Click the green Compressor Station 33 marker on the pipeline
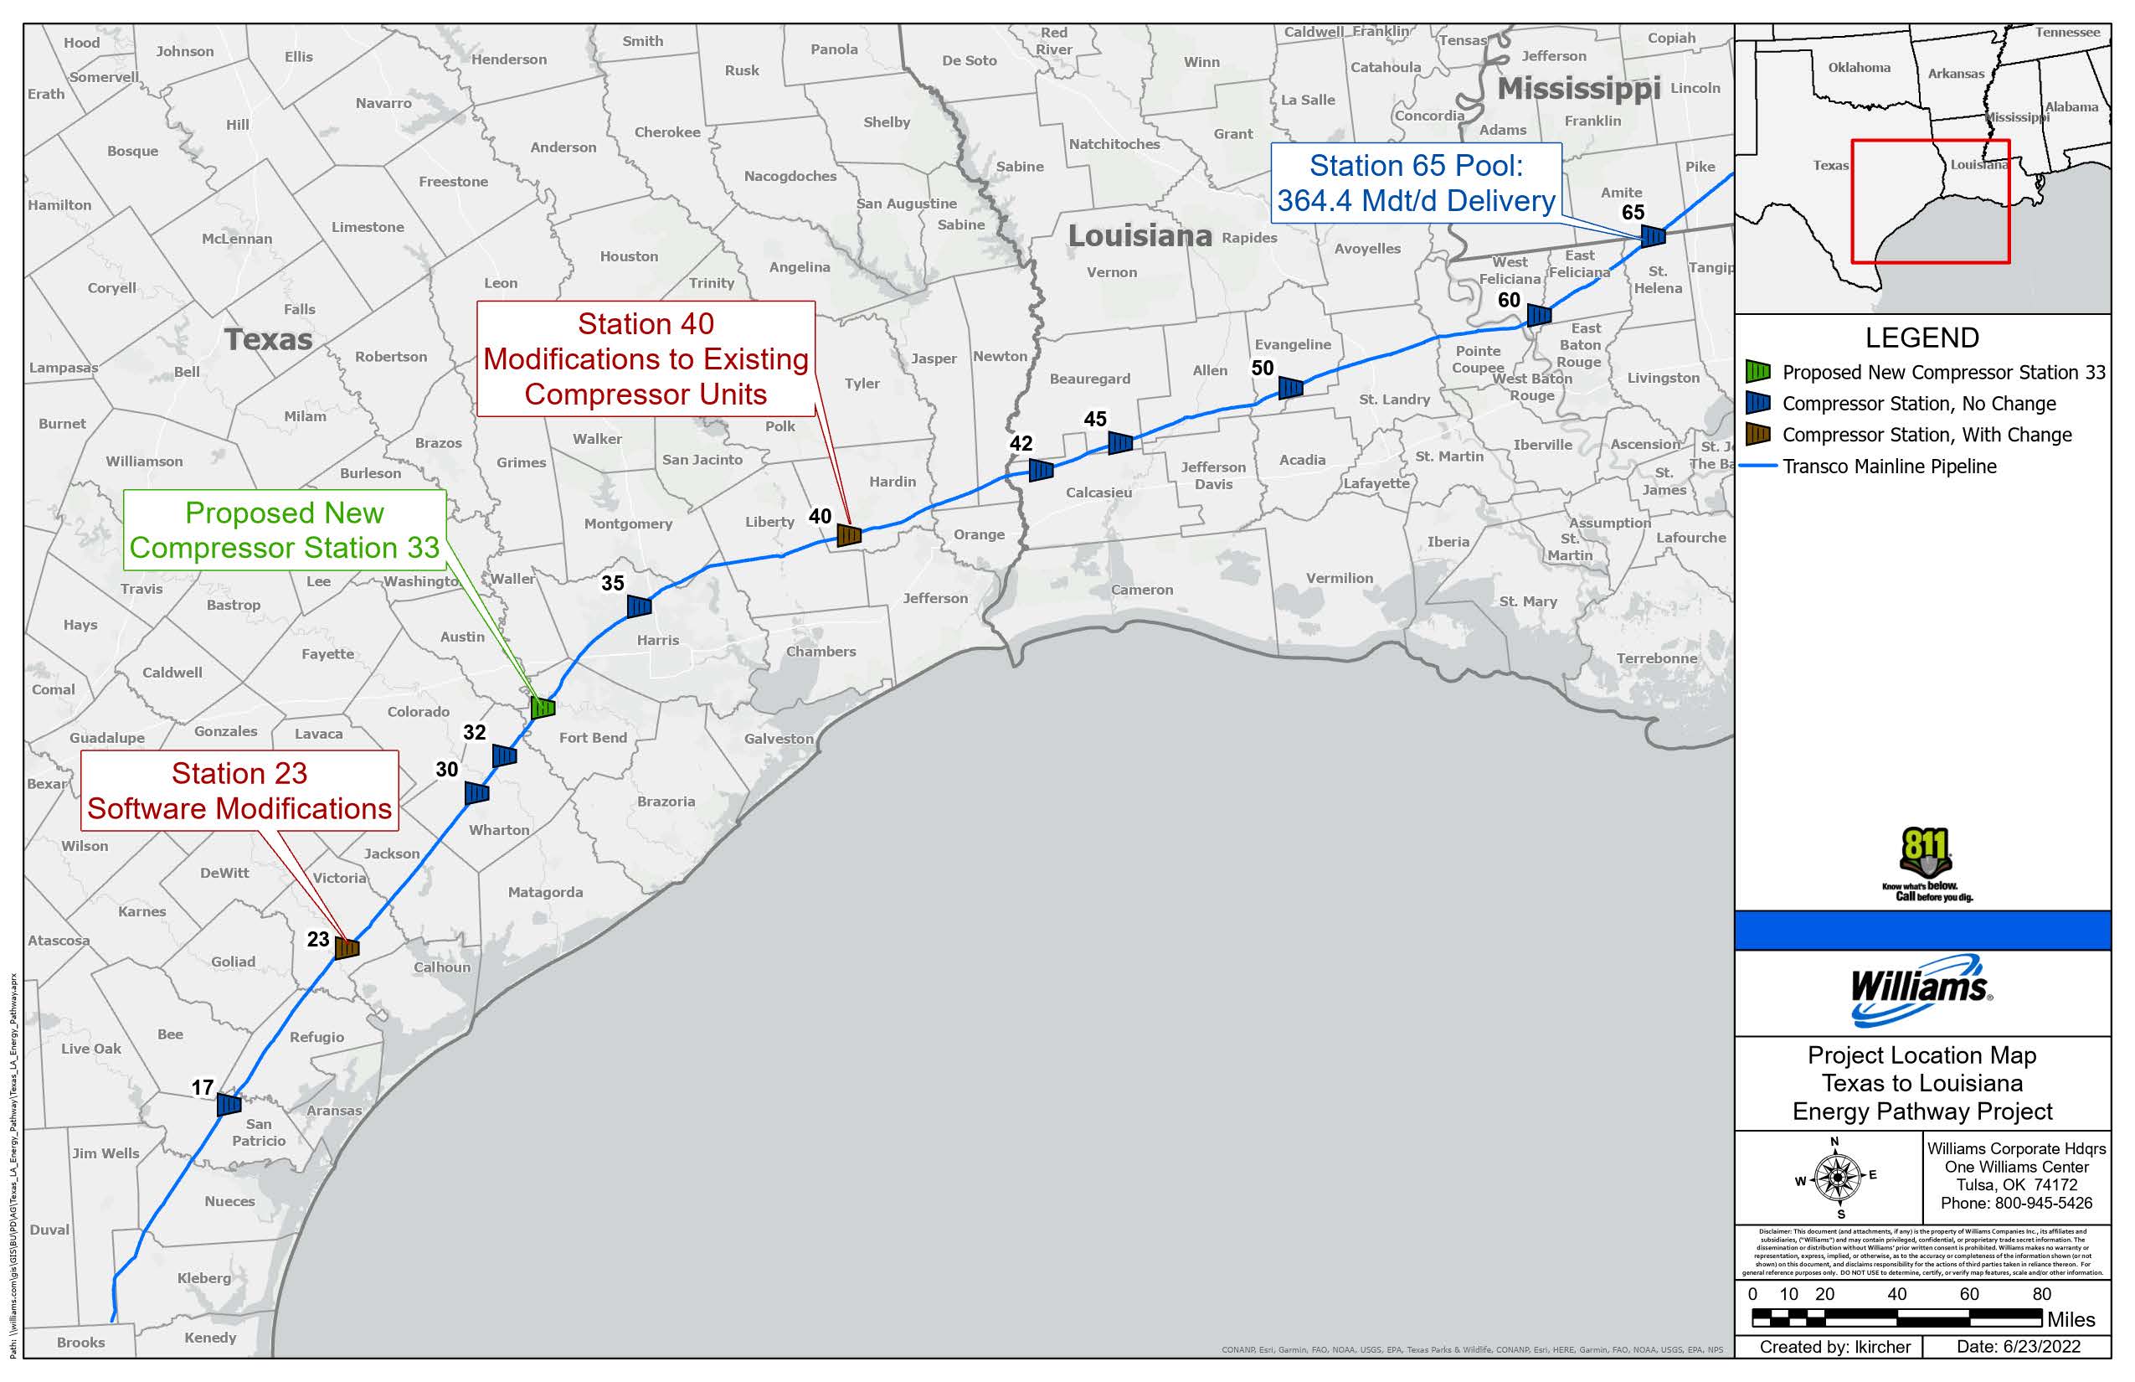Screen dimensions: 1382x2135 coord(543,707)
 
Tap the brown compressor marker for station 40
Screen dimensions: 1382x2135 coord(849,536)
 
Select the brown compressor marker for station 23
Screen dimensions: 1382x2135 coord(347,946)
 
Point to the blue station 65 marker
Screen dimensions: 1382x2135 coord(1653,236)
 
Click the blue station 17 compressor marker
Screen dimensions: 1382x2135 coord(229,1104)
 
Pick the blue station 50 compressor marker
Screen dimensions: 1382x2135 coord(1290,388)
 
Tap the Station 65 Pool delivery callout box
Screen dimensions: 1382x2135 coord(1416,183)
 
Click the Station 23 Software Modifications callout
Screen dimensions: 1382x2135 coord(239,791)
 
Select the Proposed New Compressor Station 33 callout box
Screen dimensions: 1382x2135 coord(285,530)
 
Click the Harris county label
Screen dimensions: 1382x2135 coord(657,640)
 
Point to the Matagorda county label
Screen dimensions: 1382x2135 coord(545,892)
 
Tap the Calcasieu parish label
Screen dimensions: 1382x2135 coord(1098,492)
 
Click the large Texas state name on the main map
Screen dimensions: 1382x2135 coord(268,339)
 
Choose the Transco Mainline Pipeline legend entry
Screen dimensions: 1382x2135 coord(1888,467)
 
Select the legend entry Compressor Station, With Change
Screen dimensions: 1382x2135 coord(1926,436)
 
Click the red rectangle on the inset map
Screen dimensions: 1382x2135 coord(1930,201)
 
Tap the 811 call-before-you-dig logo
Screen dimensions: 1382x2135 coord(1925,865)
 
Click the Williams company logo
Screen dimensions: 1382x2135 coord(1921,991)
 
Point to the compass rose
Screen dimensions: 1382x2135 coord(1836,1177)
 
